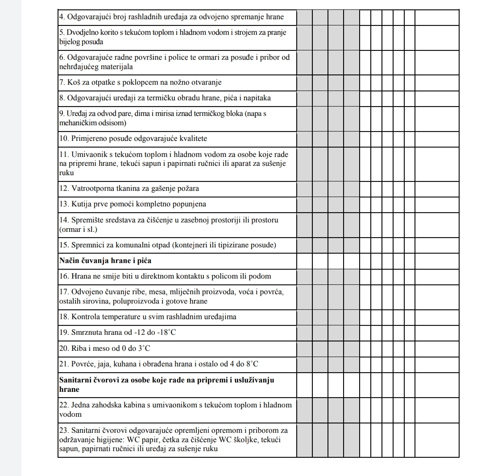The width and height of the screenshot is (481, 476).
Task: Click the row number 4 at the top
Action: point(62,17)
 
